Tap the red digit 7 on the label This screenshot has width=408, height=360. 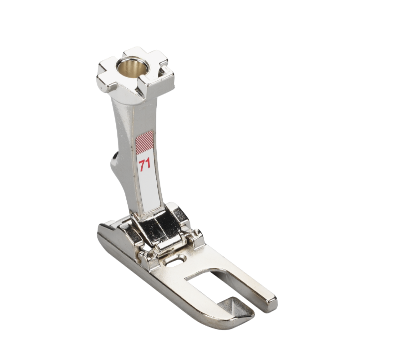pyautogui.click(x=142, y=166)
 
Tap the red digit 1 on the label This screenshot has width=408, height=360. pyautogui.click(x=148, y=164)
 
